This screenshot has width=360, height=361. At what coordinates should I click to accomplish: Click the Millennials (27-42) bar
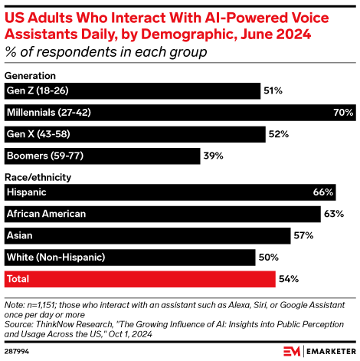178,113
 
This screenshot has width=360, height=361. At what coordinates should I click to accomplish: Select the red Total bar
140,277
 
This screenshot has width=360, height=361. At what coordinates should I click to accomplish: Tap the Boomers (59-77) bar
101,156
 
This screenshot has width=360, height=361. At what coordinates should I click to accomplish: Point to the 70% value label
344,113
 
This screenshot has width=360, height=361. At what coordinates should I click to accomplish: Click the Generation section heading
31,77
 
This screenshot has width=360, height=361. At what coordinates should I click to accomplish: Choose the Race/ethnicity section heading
38,177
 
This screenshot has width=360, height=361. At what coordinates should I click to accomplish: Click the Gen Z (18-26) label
38,91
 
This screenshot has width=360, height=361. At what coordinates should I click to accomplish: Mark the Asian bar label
20,235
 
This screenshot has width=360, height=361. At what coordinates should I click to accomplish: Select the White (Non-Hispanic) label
55,256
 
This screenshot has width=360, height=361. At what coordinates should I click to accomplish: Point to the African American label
46,213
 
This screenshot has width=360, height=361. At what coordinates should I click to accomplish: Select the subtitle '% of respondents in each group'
105,51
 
